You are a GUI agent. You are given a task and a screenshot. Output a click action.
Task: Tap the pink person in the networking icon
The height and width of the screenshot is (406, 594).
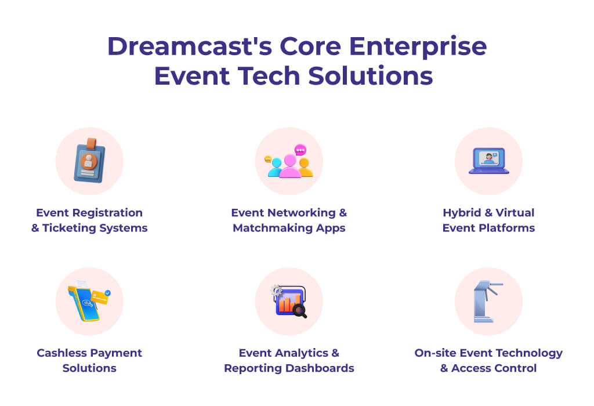click(289, 167)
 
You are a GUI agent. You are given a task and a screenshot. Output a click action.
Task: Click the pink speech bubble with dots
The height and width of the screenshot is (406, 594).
click(300, 150)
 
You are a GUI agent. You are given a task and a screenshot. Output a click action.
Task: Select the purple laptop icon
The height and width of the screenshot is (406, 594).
click(488, 161)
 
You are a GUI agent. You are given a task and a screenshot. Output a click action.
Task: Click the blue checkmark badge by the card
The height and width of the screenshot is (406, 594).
click(107, 293)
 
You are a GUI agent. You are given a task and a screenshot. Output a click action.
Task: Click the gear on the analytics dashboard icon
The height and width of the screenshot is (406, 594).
click(277, 290)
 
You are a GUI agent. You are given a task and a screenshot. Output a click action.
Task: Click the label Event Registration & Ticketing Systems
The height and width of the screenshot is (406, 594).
click(89, 220)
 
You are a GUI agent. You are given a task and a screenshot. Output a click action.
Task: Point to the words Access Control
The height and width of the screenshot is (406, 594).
click(494, 368)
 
